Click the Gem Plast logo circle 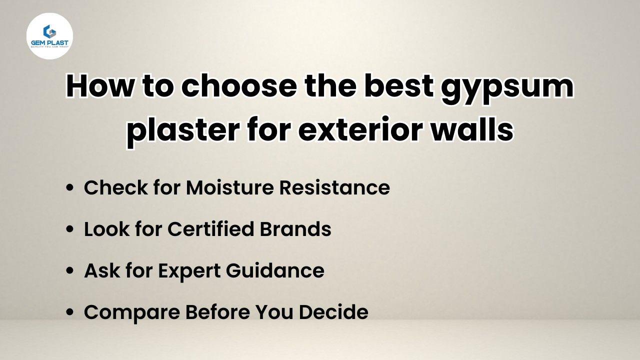pyautogui.click(x=49, y=36)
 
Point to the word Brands pyautogui.click(x=295, y=229)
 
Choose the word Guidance pyautogui.click(x=275, y=270)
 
